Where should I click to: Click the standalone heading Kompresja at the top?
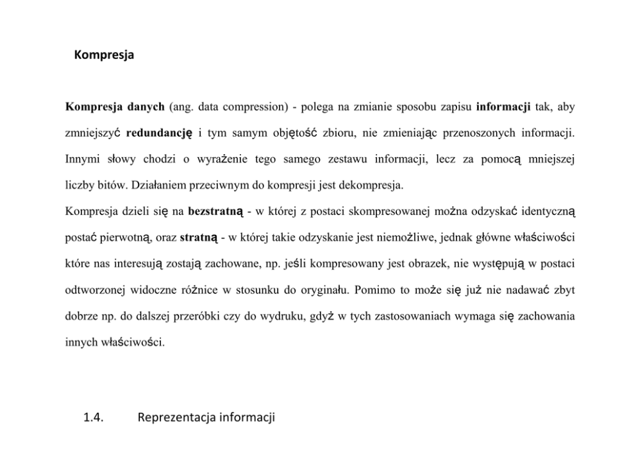tap(104, 55)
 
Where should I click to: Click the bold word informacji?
tap(503, 106)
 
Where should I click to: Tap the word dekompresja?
tap(372, 186)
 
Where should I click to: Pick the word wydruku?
tap(300, 316)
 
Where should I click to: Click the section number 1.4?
tap(94, 419)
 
